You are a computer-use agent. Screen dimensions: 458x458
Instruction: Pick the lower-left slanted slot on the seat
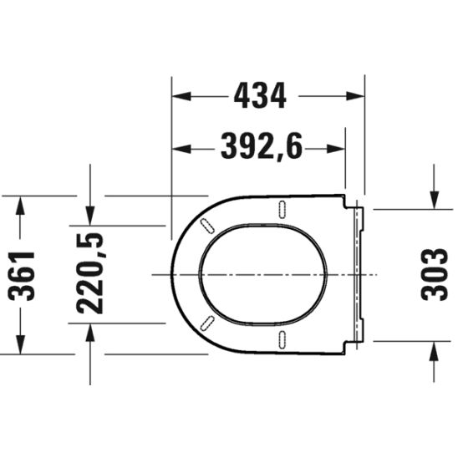pos(206,324)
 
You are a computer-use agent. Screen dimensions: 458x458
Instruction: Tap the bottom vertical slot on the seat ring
pos(282,339)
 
